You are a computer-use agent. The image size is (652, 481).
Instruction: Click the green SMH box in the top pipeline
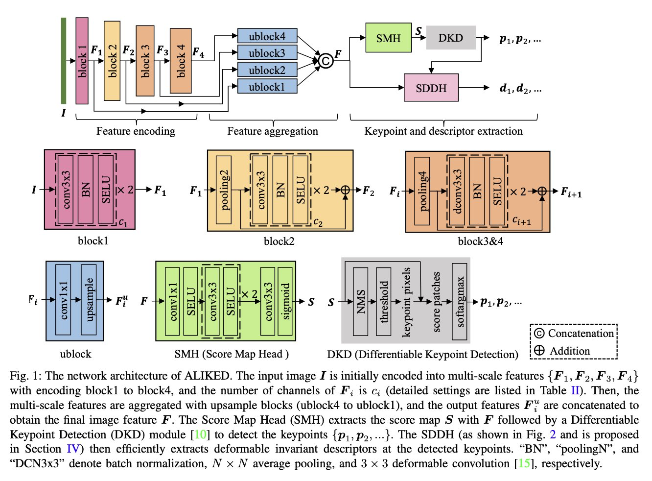click(388, 38)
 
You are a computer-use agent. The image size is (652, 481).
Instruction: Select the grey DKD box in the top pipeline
click(450, 38)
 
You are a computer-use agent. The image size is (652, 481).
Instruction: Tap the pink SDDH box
click(431, 88)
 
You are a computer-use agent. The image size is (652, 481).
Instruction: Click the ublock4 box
click(267, 36)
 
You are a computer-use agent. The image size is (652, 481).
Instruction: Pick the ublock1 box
click(267, 87)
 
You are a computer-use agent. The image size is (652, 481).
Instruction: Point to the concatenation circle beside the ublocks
click(326, 61)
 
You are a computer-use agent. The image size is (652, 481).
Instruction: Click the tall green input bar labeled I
click(64, 61)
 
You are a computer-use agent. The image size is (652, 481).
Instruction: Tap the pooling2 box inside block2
click(224, 190)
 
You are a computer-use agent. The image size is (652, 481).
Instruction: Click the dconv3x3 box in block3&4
click(457, 191)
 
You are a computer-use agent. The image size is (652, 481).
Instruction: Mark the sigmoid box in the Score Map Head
click(285, 301)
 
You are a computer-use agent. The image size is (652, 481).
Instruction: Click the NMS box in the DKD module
click(360, 301)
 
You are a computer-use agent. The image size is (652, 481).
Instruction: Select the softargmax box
click(460, 301)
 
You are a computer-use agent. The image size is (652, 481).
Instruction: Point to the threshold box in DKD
click(384, 301)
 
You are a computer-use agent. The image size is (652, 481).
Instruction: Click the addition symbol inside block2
click(345, 190)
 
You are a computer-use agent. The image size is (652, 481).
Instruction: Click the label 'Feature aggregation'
click(273, 131)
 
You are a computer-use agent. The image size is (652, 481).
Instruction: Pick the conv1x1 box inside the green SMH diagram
click(172, 301)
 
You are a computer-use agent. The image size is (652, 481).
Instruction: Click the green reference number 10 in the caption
click(200, 434)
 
